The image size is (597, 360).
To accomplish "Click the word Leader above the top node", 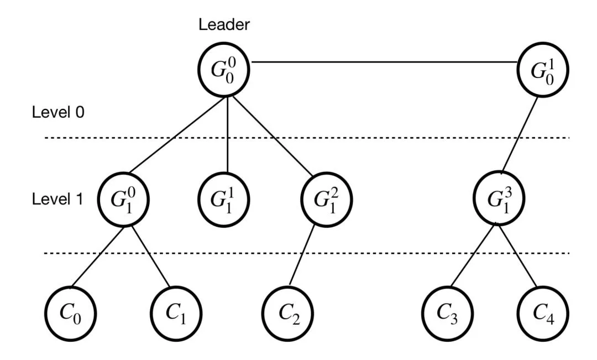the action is tap(224, 24).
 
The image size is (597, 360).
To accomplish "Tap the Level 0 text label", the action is tap(58, 112).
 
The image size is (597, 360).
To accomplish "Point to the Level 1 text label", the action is tap(57, 199).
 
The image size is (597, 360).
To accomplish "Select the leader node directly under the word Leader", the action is tap(223, 69).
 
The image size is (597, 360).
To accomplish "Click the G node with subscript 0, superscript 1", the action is tap(543, 69).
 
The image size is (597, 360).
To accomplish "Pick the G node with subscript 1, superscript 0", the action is tap(123, 199).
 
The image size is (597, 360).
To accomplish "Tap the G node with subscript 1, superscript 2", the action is tap(326, 199).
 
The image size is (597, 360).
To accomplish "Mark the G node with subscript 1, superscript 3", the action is tap(499, 199).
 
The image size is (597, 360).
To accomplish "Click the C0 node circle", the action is tap(71, 313).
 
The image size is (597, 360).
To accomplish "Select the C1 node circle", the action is tap(176, 313).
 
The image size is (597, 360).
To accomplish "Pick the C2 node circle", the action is tap(288, 313).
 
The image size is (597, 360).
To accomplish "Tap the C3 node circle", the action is tap(448, 313).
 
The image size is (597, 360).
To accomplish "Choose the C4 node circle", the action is tap(543, 313).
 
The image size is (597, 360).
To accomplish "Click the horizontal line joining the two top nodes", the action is tap(384, 61).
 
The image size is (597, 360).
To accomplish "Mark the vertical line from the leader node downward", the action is tap(227, 135).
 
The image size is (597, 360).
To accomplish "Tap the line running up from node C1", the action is tap(150, 257).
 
